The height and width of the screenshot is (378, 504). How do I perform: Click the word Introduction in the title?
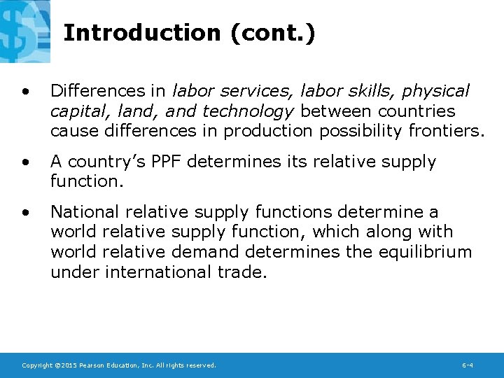(x=141, y=33)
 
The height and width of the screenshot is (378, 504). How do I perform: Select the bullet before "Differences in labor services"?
(x=26, y=92)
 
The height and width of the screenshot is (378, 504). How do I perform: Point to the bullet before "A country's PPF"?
(x=26, y=162)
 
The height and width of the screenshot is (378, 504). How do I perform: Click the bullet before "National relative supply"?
(x=26, y=212)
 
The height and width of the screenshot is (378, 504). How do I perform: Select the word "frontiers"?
(x=447, y=131)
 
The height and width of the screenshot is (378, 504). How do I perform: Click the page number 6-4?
(x=468, y=365)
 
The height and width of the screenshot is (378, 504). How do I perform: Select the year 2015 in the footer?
(x=70, y=365)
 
